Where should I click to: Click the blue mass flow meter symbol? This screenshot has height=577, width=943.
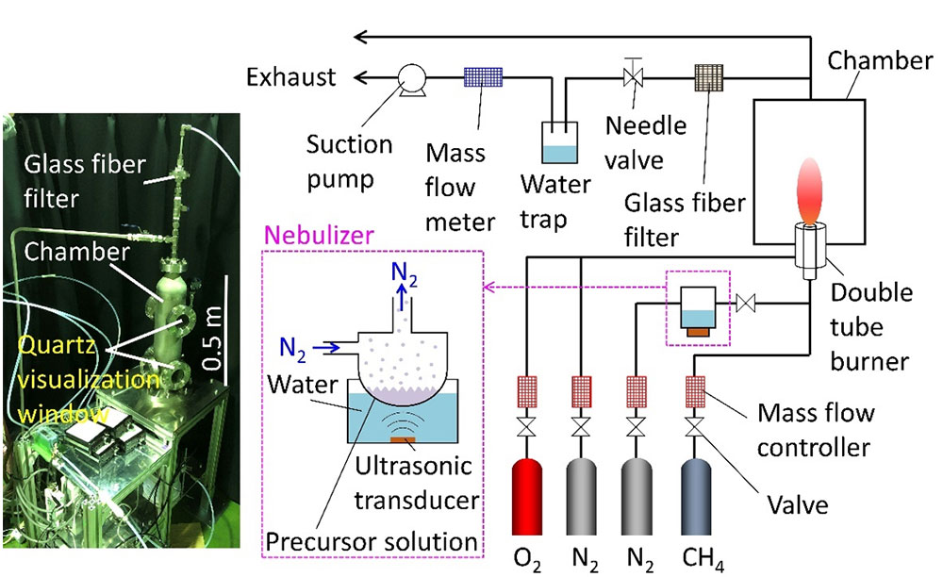484,78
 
